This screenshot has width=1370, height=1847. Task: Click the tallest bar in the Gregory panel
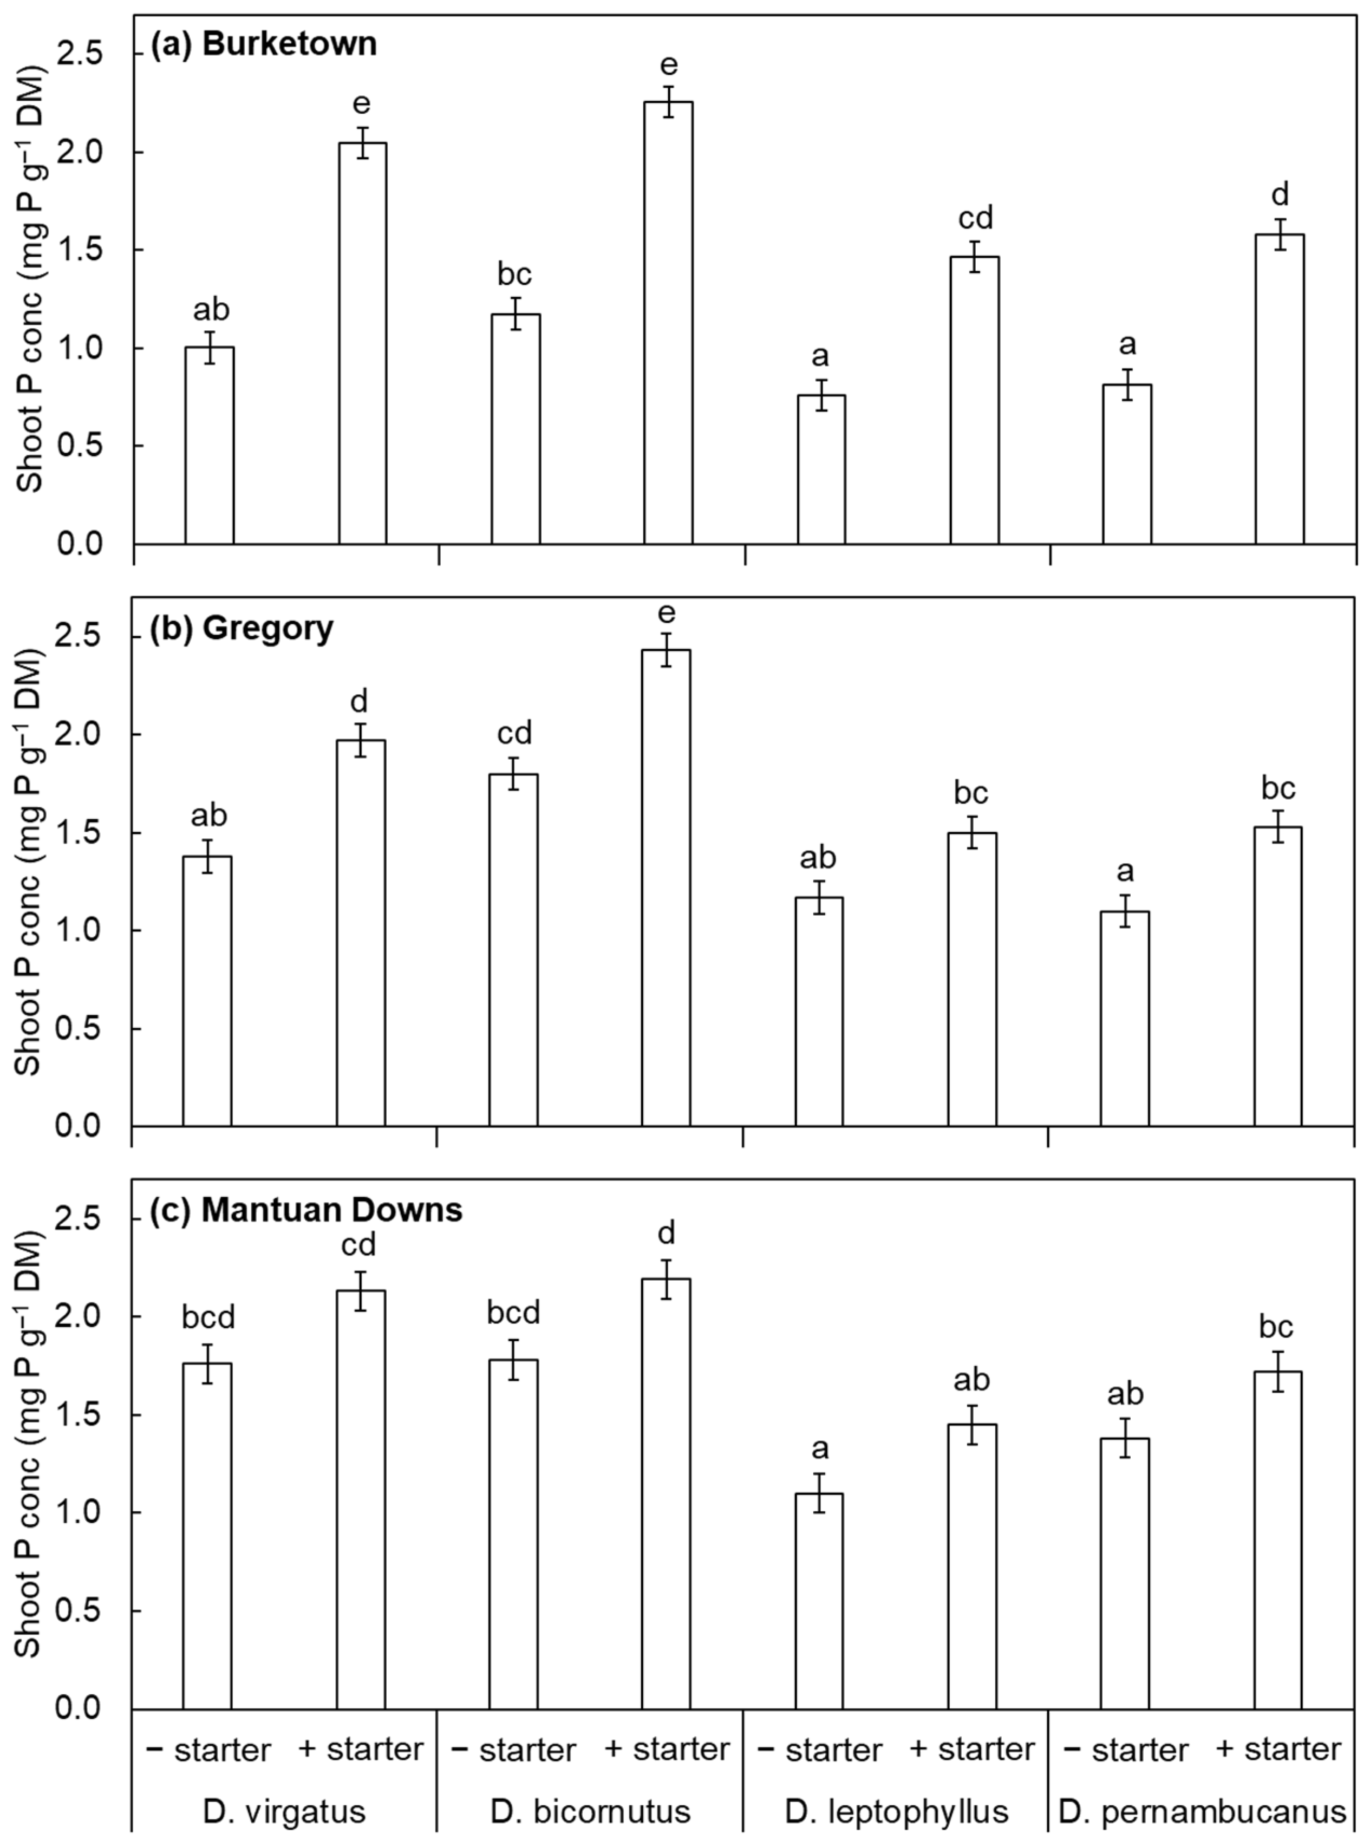click(666, 887)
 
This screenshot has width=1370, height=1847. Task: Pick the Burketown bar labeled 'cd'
click(974, 400)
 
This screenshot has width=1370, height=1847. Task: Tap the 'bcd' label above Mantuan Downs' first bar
click(209, 1316)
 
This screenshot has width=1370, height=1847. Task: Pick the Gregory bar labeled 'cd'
click(513, 950)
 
